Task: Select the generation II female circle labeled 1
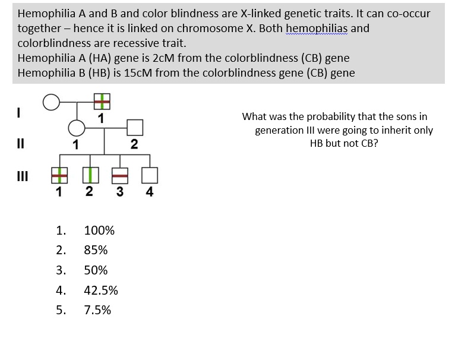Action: point(75,127)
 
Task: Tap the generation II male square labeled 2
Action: point(135,127)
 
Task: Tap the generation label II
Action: point(20,143)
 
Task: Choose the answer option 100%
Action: point(99,230)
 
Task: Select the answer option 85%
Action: point(96,250)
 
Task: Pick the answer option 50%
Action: point(96,270)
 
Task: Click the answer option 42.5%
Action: point(101,290)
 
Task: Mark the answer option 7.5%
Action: point(97,310)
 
